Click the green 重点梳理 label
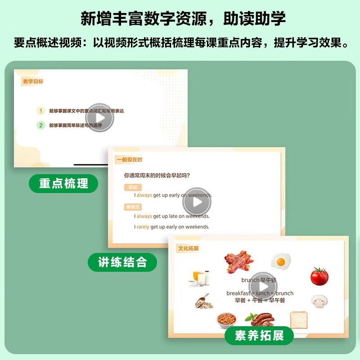coord(63,183)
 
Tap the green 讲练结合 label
coord(122,262)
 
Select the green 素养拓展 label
coord(259,335)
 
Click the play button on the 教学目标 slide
coord(99,117)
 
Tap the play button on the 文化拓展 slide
coord(263,286)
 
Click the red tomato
coord(319,276)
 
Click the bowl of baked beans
coord(225,320)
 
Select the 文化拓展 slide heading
coord(189,248)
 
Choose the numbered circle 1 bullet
coord(41,111)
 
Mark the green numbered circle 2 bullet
coord(41,126)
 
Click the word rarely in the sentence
coord(143,227)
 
